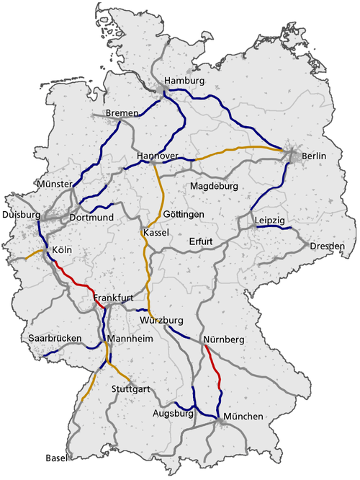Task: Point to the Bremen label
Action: pos(121,114)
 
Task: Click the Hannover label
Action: pos(157,156)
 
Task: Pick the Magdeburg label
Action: pos(215,187)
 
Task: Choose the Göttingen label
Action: pos(184,215)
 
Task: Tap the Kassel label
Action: pos(156,233)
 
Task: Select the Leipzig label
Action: pos(271,219)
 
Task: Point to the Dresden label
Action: pos(328,246)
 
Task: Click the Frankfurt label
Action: pos(114,297)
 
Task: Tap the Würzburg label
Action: pos(163,319)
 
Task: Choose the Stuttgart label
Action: pos(131,389)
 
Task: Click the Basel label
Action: pos(55,458)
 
